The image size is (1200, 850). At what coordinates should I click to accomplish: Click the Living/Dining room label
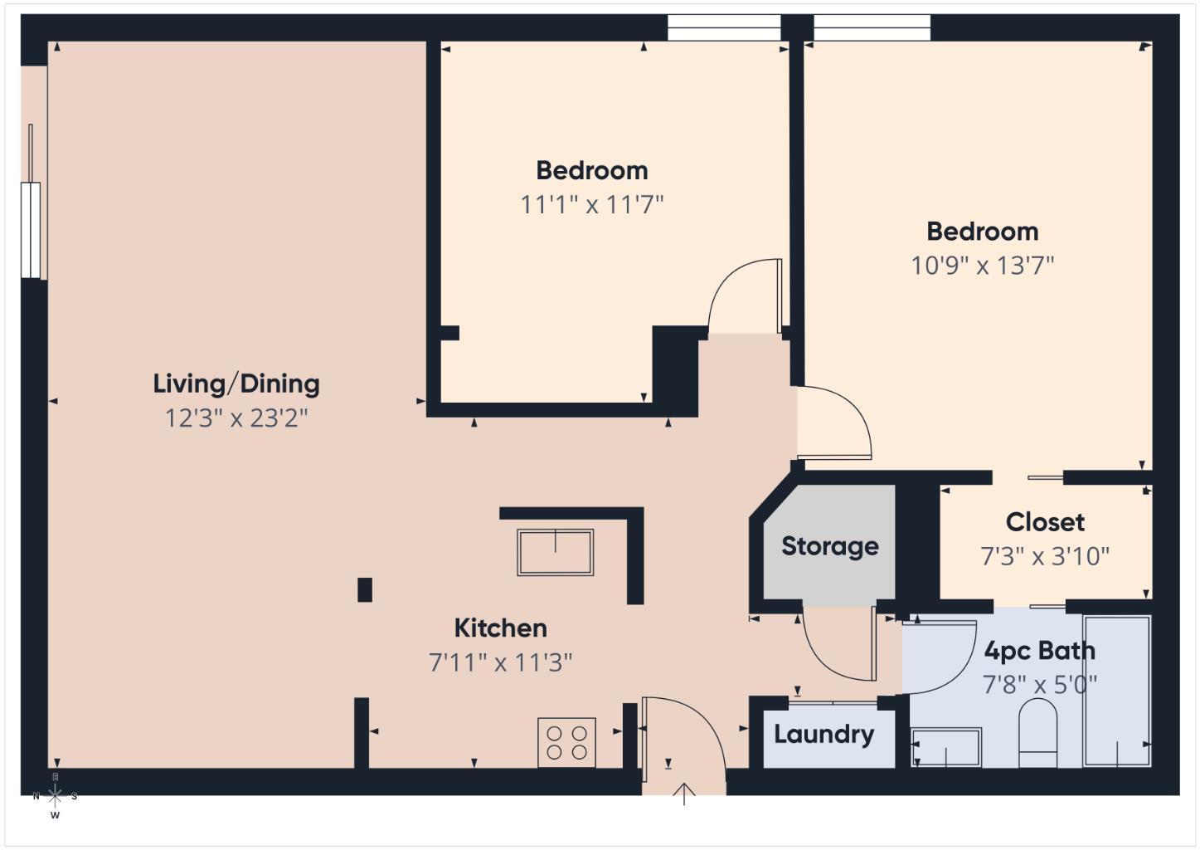click(236, 383)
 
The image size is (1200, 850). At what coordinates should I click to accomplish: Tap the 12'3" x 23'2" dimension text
click(236, 418)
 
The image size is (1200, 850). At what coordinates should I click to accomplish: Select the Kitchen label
click(500, 628)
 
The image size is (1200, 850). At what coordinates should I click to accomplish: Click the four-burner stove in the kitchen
click(566, 742)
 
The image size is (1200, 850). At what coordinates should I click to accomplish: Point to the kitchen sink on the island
click(555, 552)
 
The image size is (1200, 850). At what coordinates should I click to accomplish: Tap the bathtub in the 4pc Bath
click(1116, 691)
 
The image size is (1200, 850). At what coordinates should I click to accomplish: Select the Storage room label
click(829, 546)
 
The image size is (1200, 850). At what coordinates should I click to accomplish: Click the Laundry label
click(823, 735)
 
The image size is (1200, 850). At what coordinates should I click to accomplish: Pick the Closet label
click(1045, 522)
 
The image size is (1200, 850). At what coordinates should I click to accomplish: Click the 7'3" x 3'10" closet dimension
click(1045, 556)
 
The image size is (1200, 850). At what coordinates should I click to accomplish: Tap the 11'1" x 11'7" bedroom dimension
click(591, 204)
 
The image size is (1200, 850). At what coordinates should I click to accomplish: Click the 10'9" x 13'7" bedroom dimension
click(982, 266)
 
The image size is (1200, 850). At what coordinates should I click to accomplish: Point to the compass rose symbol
click(55, 796)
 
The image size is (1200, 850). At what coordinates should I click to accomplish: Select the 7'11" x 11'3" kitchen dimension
click(500, 662)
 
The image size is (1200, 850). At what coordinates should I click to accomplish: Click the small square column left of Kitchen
click(364, 589)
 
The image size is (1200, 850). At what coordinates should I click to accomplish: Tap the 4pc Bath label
click(1039, 651)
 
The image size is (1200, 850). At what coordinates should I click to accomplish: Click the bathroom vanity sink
click(946, 747)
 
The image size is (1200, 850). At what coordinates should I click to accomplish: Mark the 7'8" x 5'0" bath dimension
click(1039, 685)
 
